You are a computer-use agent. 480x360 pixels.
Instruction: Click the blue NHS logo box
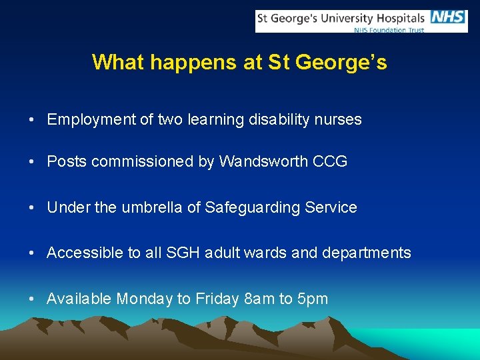449,17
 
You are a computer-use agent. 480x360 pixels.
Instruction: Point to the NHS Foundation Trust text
389,30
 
